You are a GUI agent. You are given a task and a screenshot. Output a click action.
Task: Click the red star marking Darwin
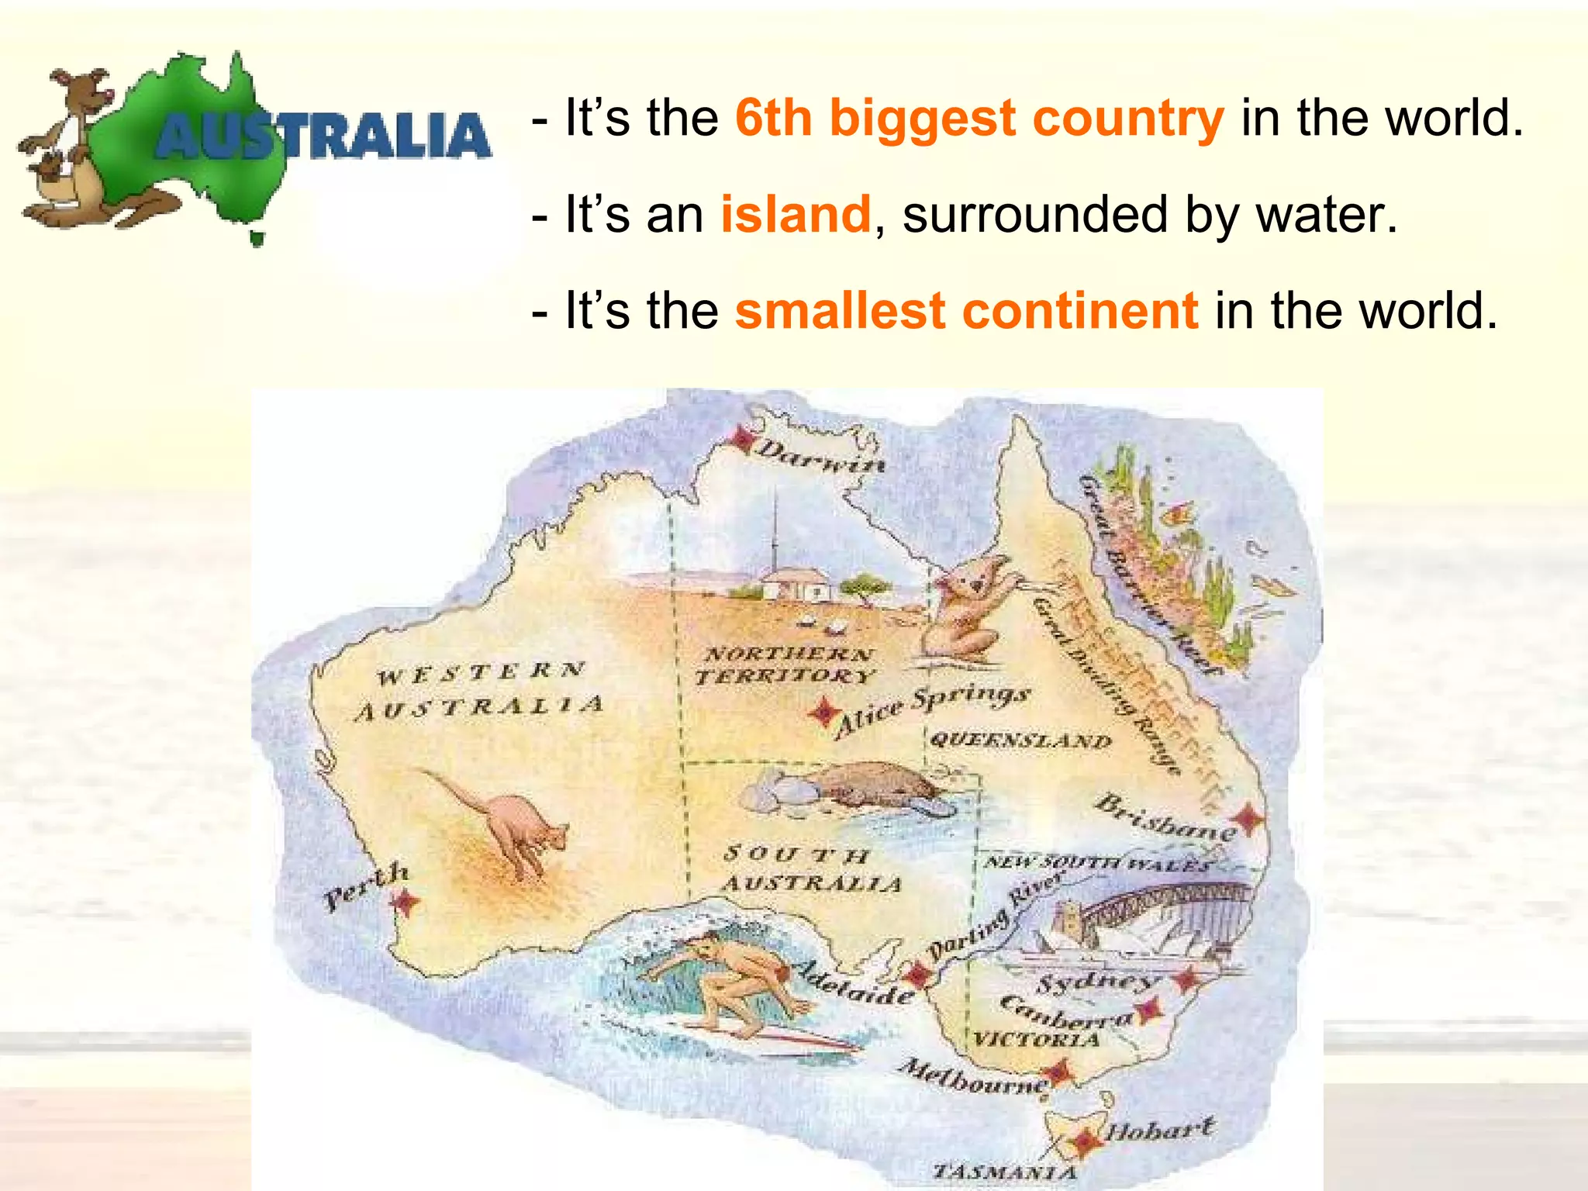pyautogui.click(x=744, y=440)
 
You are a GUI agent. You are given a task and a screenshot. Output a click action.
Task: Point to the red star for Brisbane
pyautogui.click(x=1248, y=818)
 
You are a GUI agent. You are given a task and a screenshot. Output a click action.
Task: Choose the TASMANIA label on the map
pyautogui.click(x=1005, y=1172)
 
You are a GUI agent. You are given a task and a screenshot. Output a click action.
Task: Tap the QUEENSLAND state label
pyautogui.click(x=1020, y=740)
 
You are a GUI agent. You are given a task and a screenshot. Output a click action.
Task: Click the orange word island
pyautogui.click(x=796, y=214)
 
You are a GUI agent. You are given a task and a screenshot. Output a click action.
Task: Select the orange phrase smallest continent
pyautogui.click(x=966, y=310)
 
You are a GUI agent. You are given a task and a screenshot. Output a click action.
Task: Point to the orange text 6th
pyautogui.click(x=773, y=118)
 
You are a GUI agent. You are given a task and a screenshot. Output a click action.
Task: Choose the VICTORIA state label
pyautogui.click(x=1036, y=1039)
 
